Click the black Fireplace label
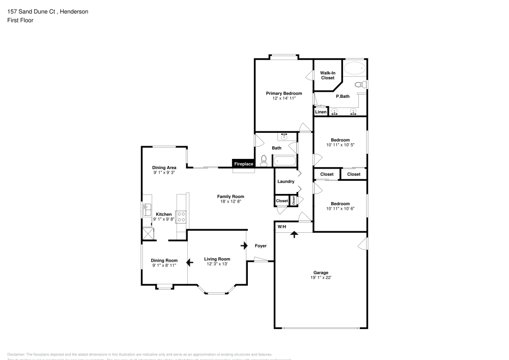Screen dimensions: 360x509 pyautogui.click(x=243, y=164)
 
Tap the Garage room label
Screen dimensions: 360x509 pyautogui.click(x=320, y=272)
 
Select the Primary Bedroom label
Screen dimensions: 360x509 pyautogui.click(x=284, y=93)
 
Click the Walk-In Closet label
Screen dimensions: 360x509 pyautogui.click(x=327, y=75)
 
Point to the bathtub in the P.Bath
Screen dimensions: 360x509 pyautogui.click(x=354, y=68)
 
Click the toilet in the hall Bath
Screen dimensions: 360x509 pyautogui.click(x=263, y=161)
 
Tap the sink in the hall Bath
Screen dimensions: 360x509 pyautogui.click(x=284, y=136)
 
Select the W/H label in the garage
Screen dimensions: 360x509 pyautogui.click(x=282, y=227)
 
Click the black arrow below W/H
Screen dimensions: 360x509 pyautogui.click(x=294, y=234)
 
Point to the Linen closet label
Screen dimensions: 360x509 pyautogui.click(x=321, y=112)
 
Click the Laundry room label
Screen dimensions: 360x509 pyautogui.click(x=286, y=182)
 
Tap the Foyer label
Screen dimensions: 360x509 pyautogui.click(x=261, y=246)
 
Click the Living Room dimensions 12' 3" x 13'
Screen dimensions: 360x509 pyautogui.click(x=217, y=264)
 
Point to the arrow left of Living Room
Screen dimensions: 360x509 pyautogui.click(x=189, y=263)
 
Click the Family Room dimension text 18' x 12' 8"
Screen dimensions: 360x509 pyautogui.click(x=231, y=202)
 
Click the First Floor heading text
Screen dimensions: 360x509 pyautogui.click(x=20, y=20)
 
